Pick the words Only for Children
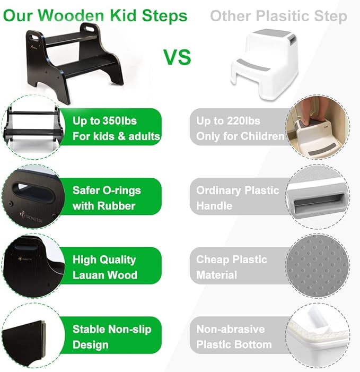pos(240,136)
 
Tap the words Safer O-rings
pos(107,191)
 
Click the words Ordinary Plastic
pos(238,191)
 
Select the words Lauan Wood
pos(105,275)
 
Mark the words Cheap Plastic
pos(232,259)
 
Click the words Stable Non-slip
pos(112,329)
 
